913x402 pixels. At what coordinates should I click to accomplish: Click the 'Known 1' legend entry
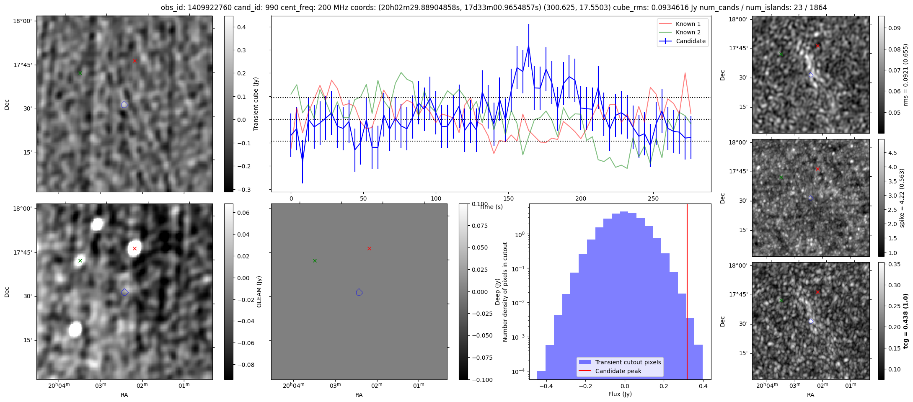(688, 24)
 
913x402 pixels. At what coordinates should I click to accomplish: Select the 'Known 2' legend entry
(688, 32)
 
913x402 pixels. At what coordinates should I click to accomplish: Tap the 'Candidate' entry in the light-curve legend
(691, 41)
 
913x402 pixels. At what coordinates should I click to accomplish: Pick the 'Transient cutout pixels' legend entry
(628, 362)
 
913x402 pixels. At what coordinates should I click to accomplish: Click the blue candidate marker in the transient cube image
(124, 105)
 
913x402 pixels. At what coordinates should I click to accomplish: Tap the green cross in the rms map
(781, 54)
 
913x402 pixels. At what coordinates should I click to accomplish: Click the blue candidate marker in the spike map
(811, 198)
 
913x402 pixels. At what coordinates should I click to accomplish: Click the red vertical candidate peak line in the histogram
(687, 293)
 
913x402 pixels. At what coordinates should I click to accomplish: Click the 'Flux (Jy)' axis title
(620, 394)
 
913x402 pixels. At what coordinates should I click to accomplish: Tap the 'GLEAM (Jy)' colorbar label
(259, 292)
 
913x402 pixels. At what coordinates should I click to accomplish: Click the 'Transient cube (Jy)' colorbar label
(256, 104)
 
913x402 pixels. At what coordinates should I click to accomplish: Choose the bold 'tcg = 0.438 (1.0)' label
(905, 321)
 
